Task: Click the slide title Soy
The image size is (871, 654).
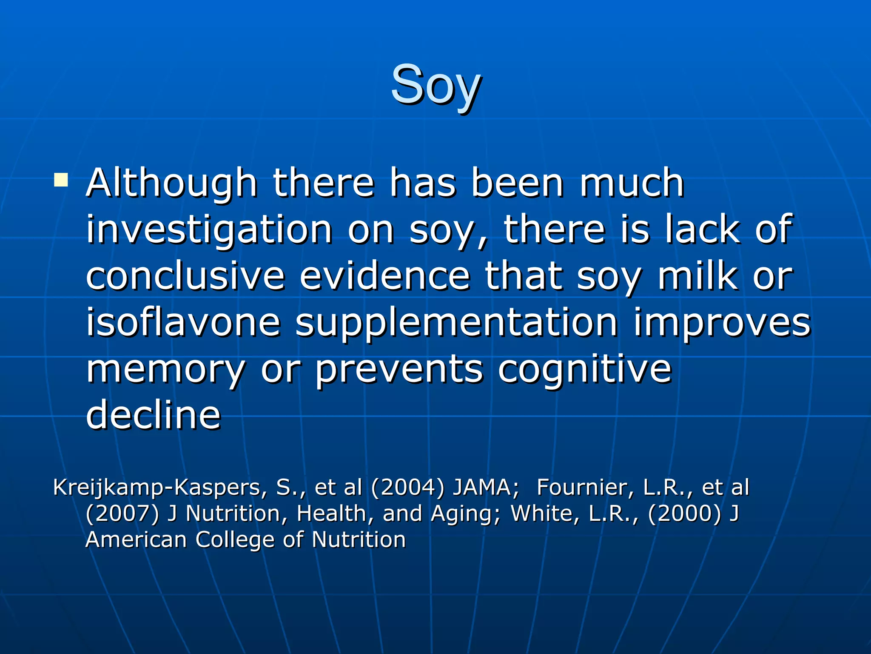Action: tap(436, 85)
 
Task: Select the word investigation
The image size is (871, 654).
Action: tap(209, 230)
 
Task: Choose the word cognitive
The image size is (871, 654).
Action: tap(584, 370)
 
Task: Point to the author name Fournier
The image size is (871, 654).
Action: tap(585, 488)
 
